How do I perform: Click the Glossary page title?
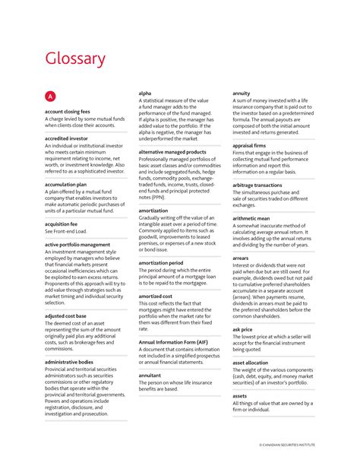point(74,59)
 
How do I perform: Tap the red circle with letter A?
point(50,97)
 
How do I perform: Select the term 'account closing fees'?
point(65,112)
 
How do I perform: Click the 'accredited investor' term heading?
point(66,139)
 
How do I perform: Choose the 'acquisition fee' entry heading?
point(61,225)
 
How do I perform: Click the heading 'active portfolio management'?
point(77,245)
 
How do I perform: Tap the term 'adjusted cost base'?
point(65,315)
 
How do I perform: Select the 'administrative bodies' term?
point(69,362)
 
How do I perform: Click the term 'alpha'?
point(144,94)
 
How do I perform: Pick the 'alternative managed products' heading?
point(173,151)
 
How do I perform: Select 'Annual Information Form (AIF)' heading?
point(174,342)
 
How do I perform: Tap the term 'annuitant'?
point(150,375)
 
